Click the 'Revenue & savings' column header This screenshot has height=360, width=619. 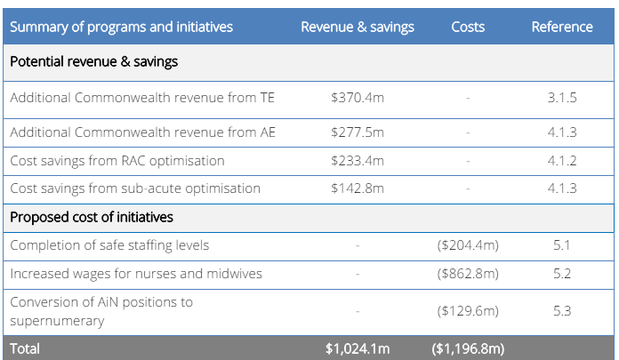357,27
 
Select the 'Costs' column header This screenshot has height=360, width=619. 467,27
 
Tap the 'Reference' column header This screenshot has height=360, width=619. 562,27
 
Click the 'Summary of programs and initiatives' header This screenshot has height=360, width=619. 121,27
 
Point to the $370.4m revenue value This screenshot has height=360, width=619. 357,98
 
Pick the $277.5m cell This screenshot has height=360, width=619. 357,132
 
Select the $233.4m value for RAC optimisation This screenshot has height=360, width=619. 357,160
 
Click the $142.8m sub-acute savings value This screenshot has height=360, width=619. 357,188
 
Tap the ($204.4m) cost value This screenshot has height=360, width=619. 468,245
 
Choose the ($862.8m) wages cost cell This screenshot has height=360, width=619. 468,274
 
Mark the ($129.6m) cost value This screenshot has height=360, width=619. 468,311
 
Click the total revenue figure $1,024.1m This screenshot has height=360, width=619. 357,348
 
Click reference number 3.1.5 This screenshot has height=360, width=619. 562,98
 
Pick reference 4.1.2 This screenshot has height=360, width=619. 562,160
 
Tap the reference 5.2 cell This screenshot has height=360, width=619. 562,274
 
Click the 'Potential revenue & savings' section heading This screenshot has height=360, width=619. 94,62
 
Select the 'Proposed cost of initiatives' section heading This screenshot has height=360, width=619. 92,217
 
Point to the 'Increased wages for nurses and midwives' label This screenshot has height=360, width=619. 136,274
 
